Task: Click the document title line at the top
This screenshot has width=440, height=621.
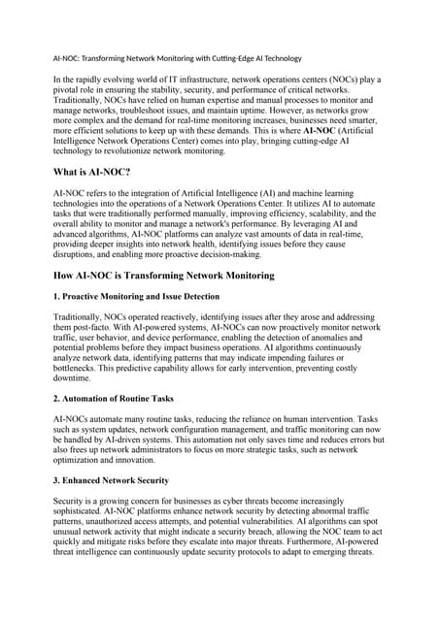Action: coord(178,57)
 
